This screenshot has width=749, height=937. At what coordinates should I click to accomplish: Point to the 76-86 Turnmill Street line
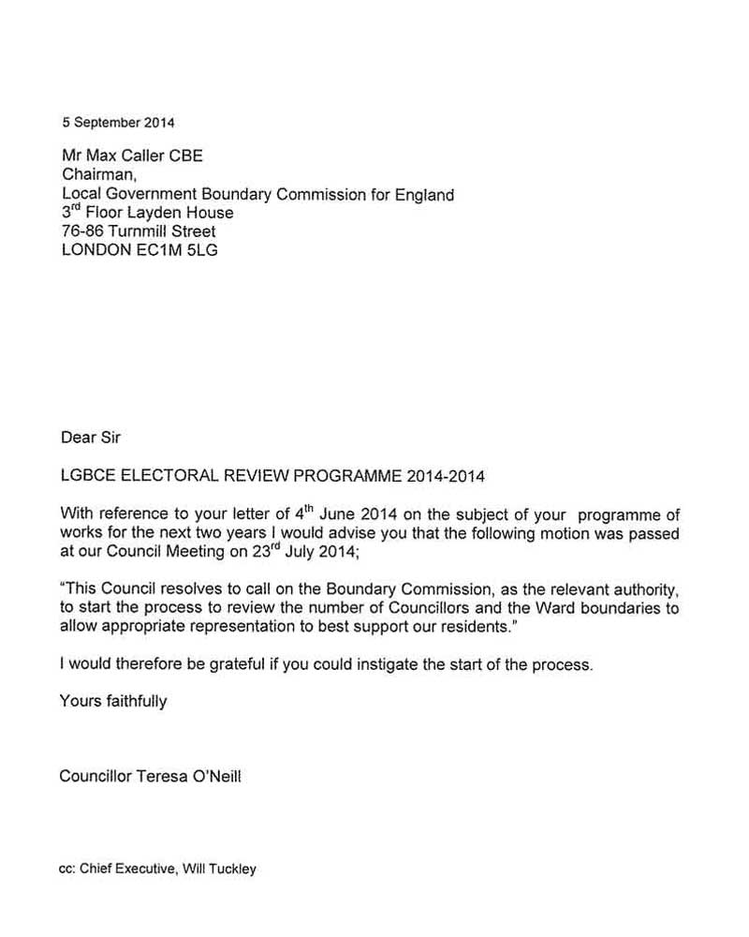138,231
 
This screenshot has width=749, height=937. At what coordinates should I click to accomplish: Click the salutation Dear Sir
91,437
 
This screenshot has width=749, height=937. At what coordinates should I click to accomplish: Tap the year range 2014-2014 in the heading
446,476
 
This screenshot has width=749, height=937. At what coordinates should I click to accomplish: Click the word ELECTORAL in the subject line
161,476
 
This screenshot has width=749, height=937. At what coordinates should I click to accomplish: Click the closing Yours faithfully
113,701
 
